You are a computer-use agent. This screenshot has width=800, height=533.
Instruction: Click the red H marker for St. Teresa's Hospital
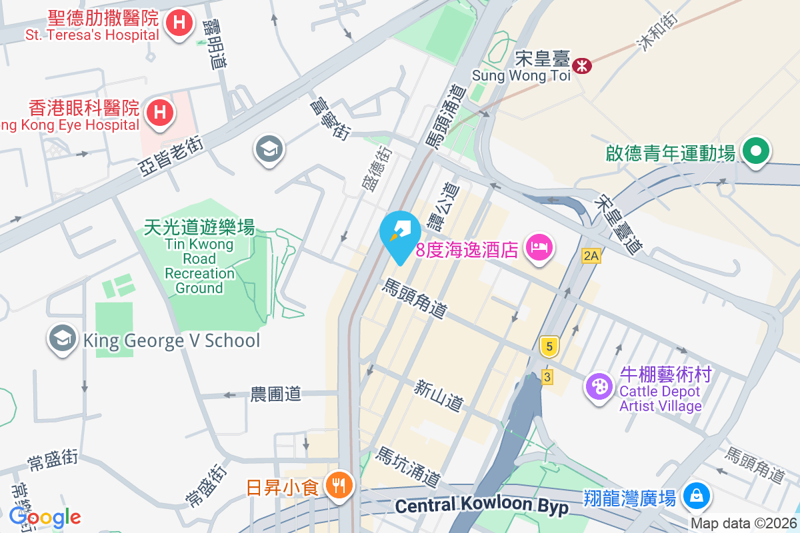coord(178,24)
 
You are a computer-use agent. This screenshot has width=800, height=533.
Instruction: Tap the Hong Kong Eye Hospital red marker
coord(159,111)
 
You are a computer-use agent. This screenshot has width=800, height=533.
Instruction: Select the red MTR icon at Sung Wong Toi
coord(582,65)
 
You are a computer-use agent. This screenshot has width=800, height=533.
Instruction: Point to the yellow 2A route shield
coord(591,255)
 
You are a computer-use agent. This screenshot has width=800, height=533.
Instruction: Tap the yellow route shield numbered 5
coord(549,346)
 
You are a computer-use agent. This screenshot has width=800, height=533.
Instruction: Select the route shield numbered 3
coord(547,377)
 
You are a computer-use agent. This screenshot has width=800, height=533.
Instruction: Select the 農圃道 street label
coord(276,394)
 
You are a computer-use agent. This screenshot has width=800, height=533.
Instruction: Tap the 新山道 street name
coord(438,395)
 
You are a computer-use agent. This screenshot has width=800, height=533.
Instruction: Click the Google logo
coord(45,516)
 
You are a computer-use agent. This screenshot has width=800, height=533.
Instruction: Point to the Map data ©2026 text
coord(743,524)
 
